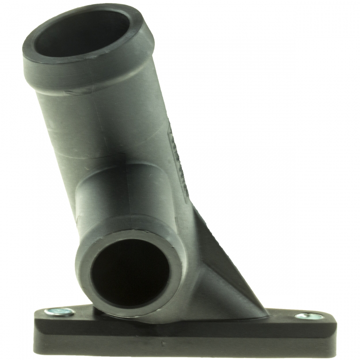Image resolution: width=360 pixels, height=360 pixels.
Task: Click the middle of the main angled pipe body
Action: tap(123, 134)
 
